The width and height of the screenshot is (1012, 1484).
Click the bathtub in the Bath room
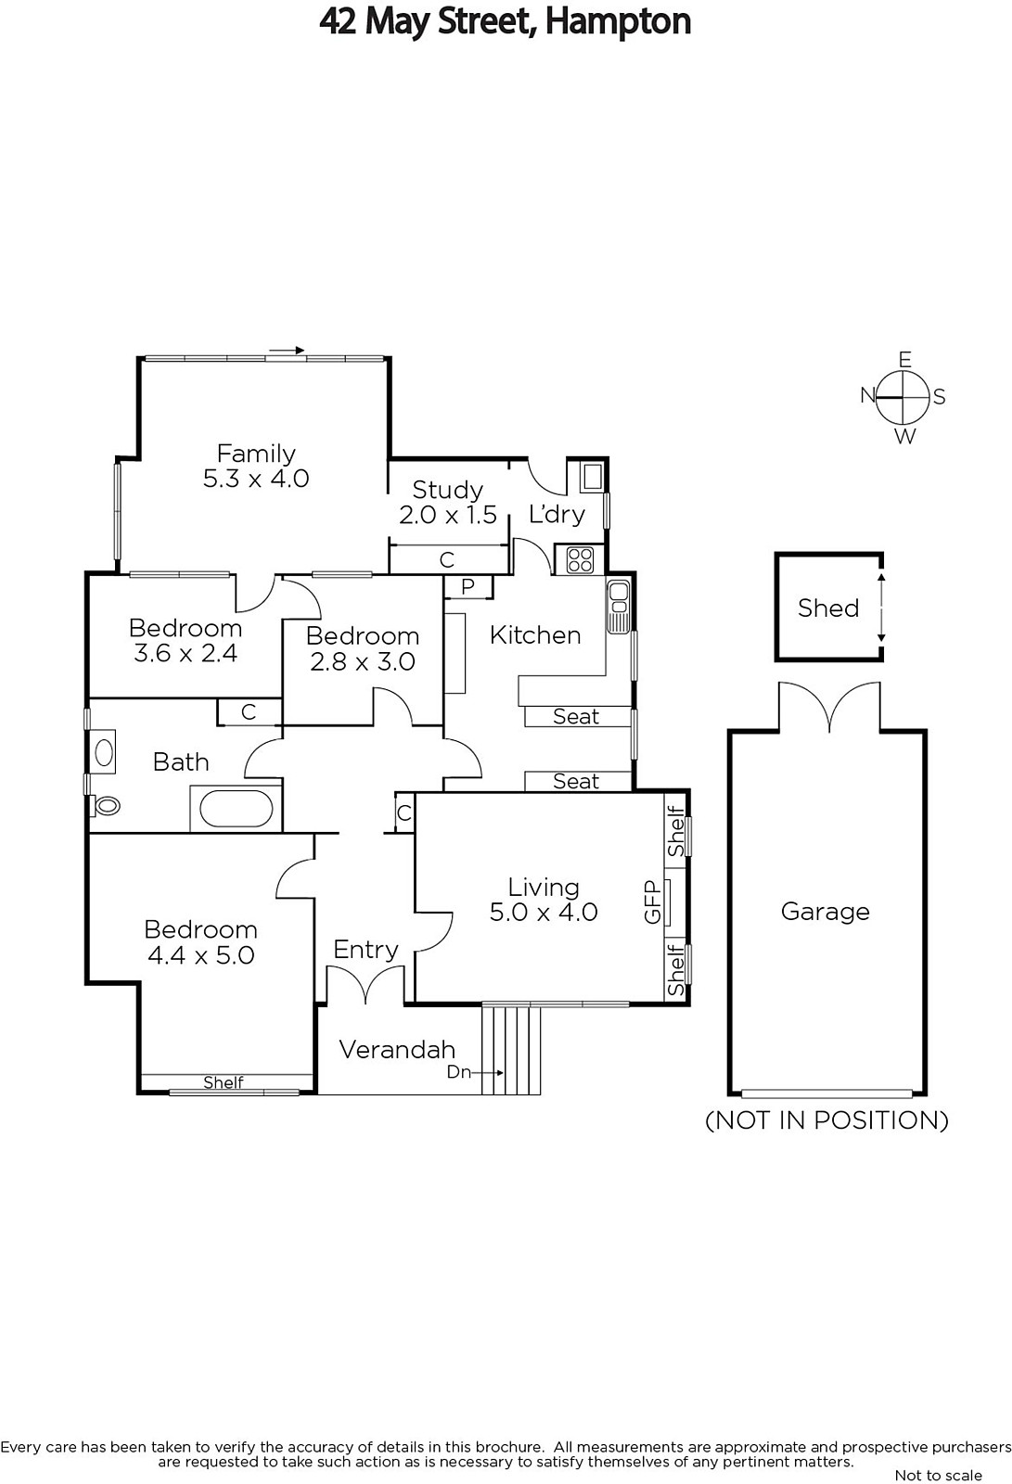(236, 809)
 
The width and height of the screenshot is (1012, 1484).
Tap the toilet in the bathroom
(106, 806)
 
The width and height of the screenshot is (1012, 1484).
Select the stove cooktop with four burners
(580, 560)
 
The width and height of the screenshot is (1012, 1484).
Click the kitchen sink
(619, 606)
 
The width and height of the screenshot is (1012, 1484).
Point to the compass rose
(903, 398)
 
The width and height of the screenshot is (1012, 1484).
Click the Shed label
(828, 608)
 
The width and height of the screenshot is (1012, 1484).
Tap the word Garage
(826, 912)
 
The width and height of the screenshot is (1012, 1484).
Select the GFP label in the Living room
(653, 902)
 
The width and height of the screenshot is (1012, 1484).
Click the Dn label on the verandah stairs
(458, 1071)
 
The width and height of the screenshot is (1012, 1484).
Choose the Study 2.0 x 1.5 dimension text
(448, 515)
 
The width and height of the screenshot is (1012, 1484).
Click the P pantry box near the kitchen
(468, 587)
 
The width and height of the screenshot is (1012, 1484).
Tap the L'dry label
(557, 514)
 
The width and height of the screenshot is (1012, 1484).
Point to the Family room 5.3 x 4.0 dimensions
(256, 479)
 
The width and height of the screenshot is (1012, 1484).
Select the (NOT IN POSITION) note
(827, 1119)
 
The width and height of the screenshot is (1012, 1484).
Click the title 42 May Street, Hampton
(505, 21)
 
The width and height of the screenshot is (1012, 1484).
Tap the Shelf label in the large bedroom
(224, 1081)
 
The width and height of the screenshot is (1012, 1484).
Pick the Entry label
(365, 950)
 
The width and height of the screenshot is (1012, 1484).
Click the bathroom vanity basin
(103, 752)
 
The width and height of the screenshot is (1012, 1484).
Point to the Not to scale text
(939, 1476)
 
